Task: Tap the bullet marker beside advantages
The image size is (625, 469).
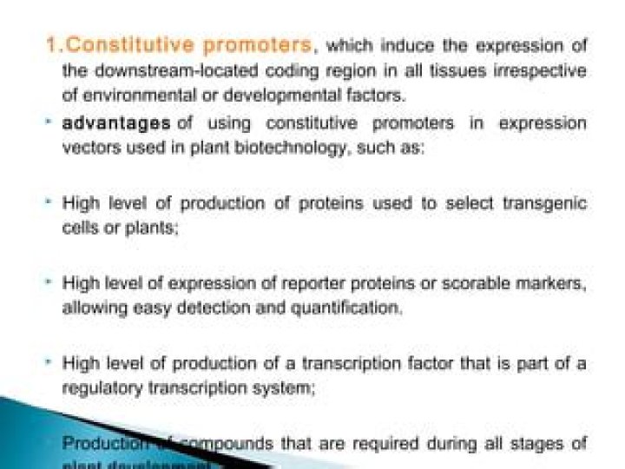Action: point(51,123)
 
